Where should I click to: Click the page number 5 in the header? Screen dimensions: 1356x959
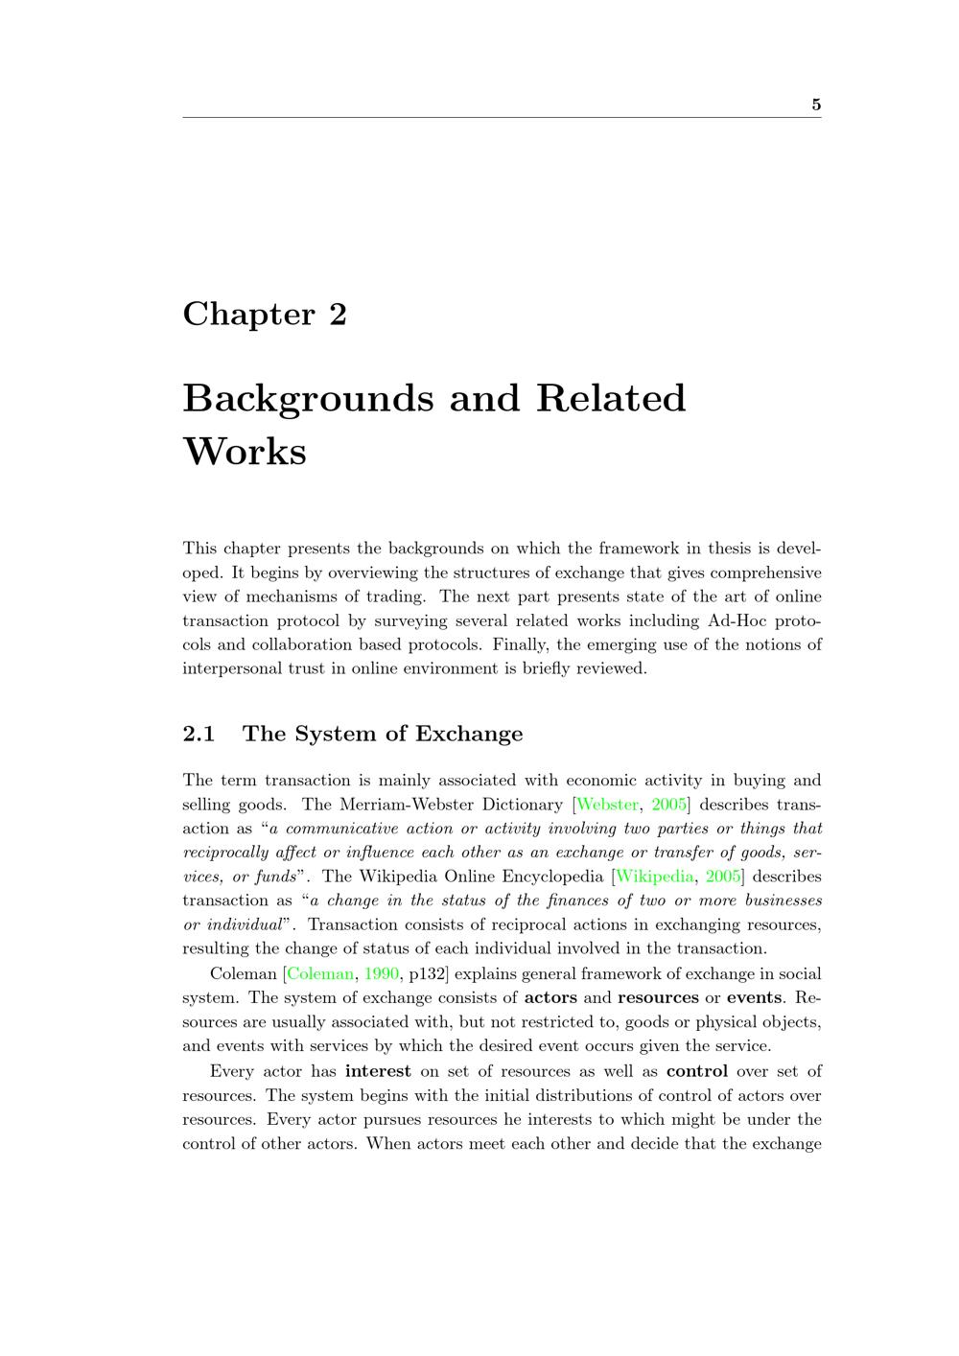(816, 105)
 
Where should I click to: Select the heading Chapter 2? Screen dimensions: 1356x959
(265, 314)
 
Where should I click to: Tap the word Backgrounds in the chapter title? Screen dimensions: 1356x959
(308, 398)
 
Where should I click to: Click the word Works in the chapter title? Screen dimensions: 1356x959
(245, 451)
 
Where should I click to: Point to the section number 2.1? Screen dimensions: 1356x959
(199, 734)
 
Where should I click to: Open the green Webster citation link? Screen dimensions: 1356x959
(607, 805)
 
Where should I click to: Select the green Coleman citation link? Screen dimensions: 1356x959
(320, 973)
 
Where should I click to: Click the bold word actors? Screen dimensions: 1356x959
(550, 997)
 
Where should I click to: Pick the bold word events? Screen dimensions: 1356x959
(754, 997)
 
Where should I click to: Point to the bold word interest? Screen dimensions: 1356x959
(378, 1071)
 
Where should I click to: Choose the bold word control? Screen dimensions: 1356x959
(697, 1071)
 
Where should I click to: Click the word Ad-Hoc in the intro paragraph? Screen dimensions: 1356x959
(737, 620)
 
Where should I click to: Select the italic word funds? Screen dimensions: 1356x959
(274, 877)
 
